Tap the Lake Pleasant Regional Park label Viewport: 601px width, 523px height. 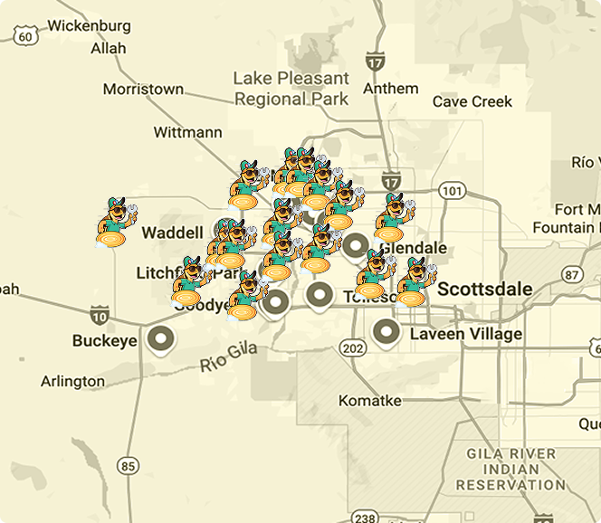pos(291,89)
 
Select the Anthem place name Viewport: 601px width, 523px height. pos(390,89)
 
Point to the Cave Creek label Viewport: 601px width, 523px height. pos(472,101)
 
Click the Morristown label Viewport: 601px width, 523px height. pos(143,90)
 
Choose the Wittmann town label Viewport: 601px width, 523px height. pos(187,132)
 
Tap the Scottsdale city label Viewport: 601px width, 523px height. pos(484,290)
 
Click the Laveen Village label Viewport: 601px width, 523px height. pos(465,334)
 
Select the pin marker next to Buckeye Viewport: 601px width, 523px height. pos(161,339)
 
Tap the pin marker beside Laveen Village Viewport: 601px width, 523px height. pos(386,332)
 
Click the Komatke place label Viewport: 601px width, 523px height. pos(369,400)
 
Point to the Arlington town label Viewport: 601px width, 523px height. pos(72,381)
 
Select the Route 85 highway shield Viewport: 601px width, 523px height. pos(128,466)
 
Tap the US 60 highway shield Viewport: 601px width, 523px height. pos(27,36)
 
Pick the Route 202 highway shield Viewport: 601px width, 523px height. pos(353,348)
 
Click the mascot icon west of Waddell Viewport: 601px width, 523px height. pos(116,223)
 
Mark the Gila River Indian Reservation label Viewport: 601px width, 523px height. pos(510,469)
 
